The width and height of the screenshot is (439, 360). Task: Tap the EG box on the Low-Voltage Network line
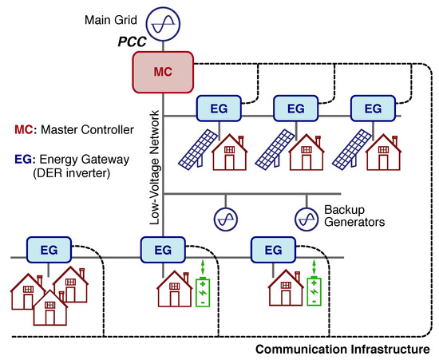coord(162,250)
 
